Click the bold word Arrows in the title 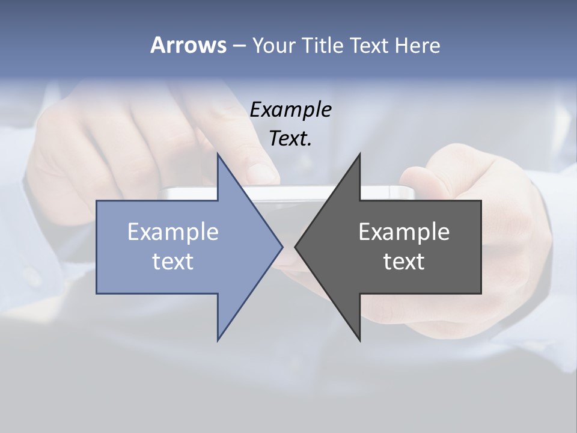[188, 45]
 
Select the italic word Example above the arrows [290, 109]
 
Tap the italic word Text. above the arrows [290, 139]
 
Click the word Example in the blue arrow [172, 232]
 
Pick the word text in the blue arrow [172, 261]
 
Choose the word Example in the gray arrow [404, 232]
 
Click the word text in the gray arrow [404, 261]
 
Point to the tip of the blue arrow [282, 247]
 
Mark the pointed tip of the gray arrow [296, 247]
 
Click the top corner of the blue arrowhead [218, 154]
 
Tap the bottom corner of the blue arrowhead [218, 340]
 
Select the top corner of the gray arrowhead [360, 154]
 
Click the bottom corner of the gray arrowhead [360, 340]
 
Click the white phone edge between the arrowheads [288, 192]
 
